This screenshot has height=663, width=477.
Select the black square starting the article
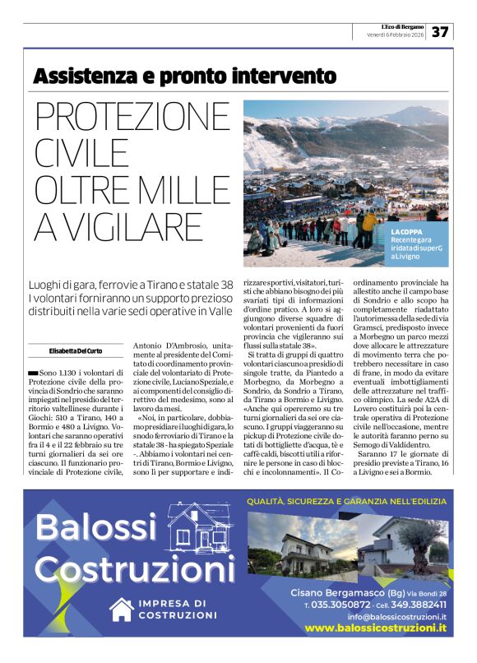(x=32, y=373)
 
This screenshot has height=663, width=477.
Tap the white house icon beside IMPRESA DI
(x=122, y=610)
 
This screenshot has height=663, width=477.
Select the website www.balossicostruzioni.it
(x=375, y=628)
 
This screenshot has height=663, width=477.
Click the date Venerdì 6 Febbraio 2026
(x=396, y=36)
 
